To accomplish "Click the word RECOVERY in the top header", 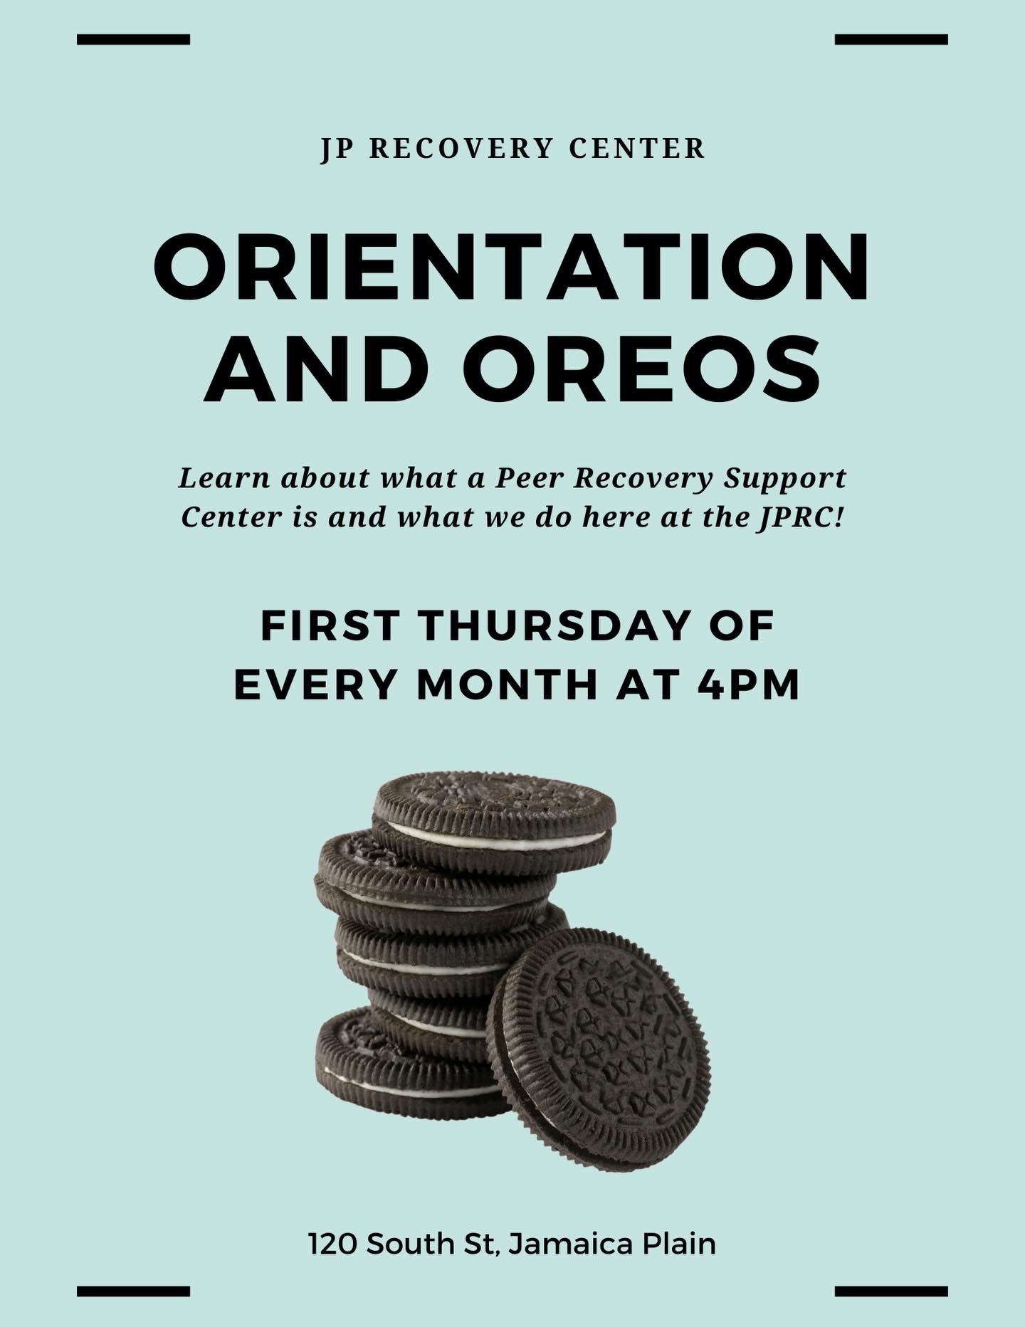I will [x=461, y=149].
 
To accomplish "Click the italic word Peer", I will [x=526, y=478].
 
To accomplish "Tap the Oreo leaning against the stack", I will [x=599, y=1047].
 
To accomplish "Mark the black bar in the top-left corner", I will [x=133, y=39].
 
